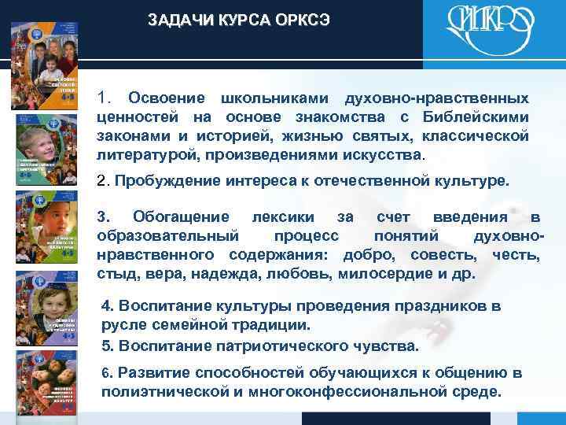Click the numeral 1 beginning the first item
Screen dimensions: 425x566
point(102,100)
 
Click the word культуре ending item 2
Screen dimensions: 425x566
point(474,181)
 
